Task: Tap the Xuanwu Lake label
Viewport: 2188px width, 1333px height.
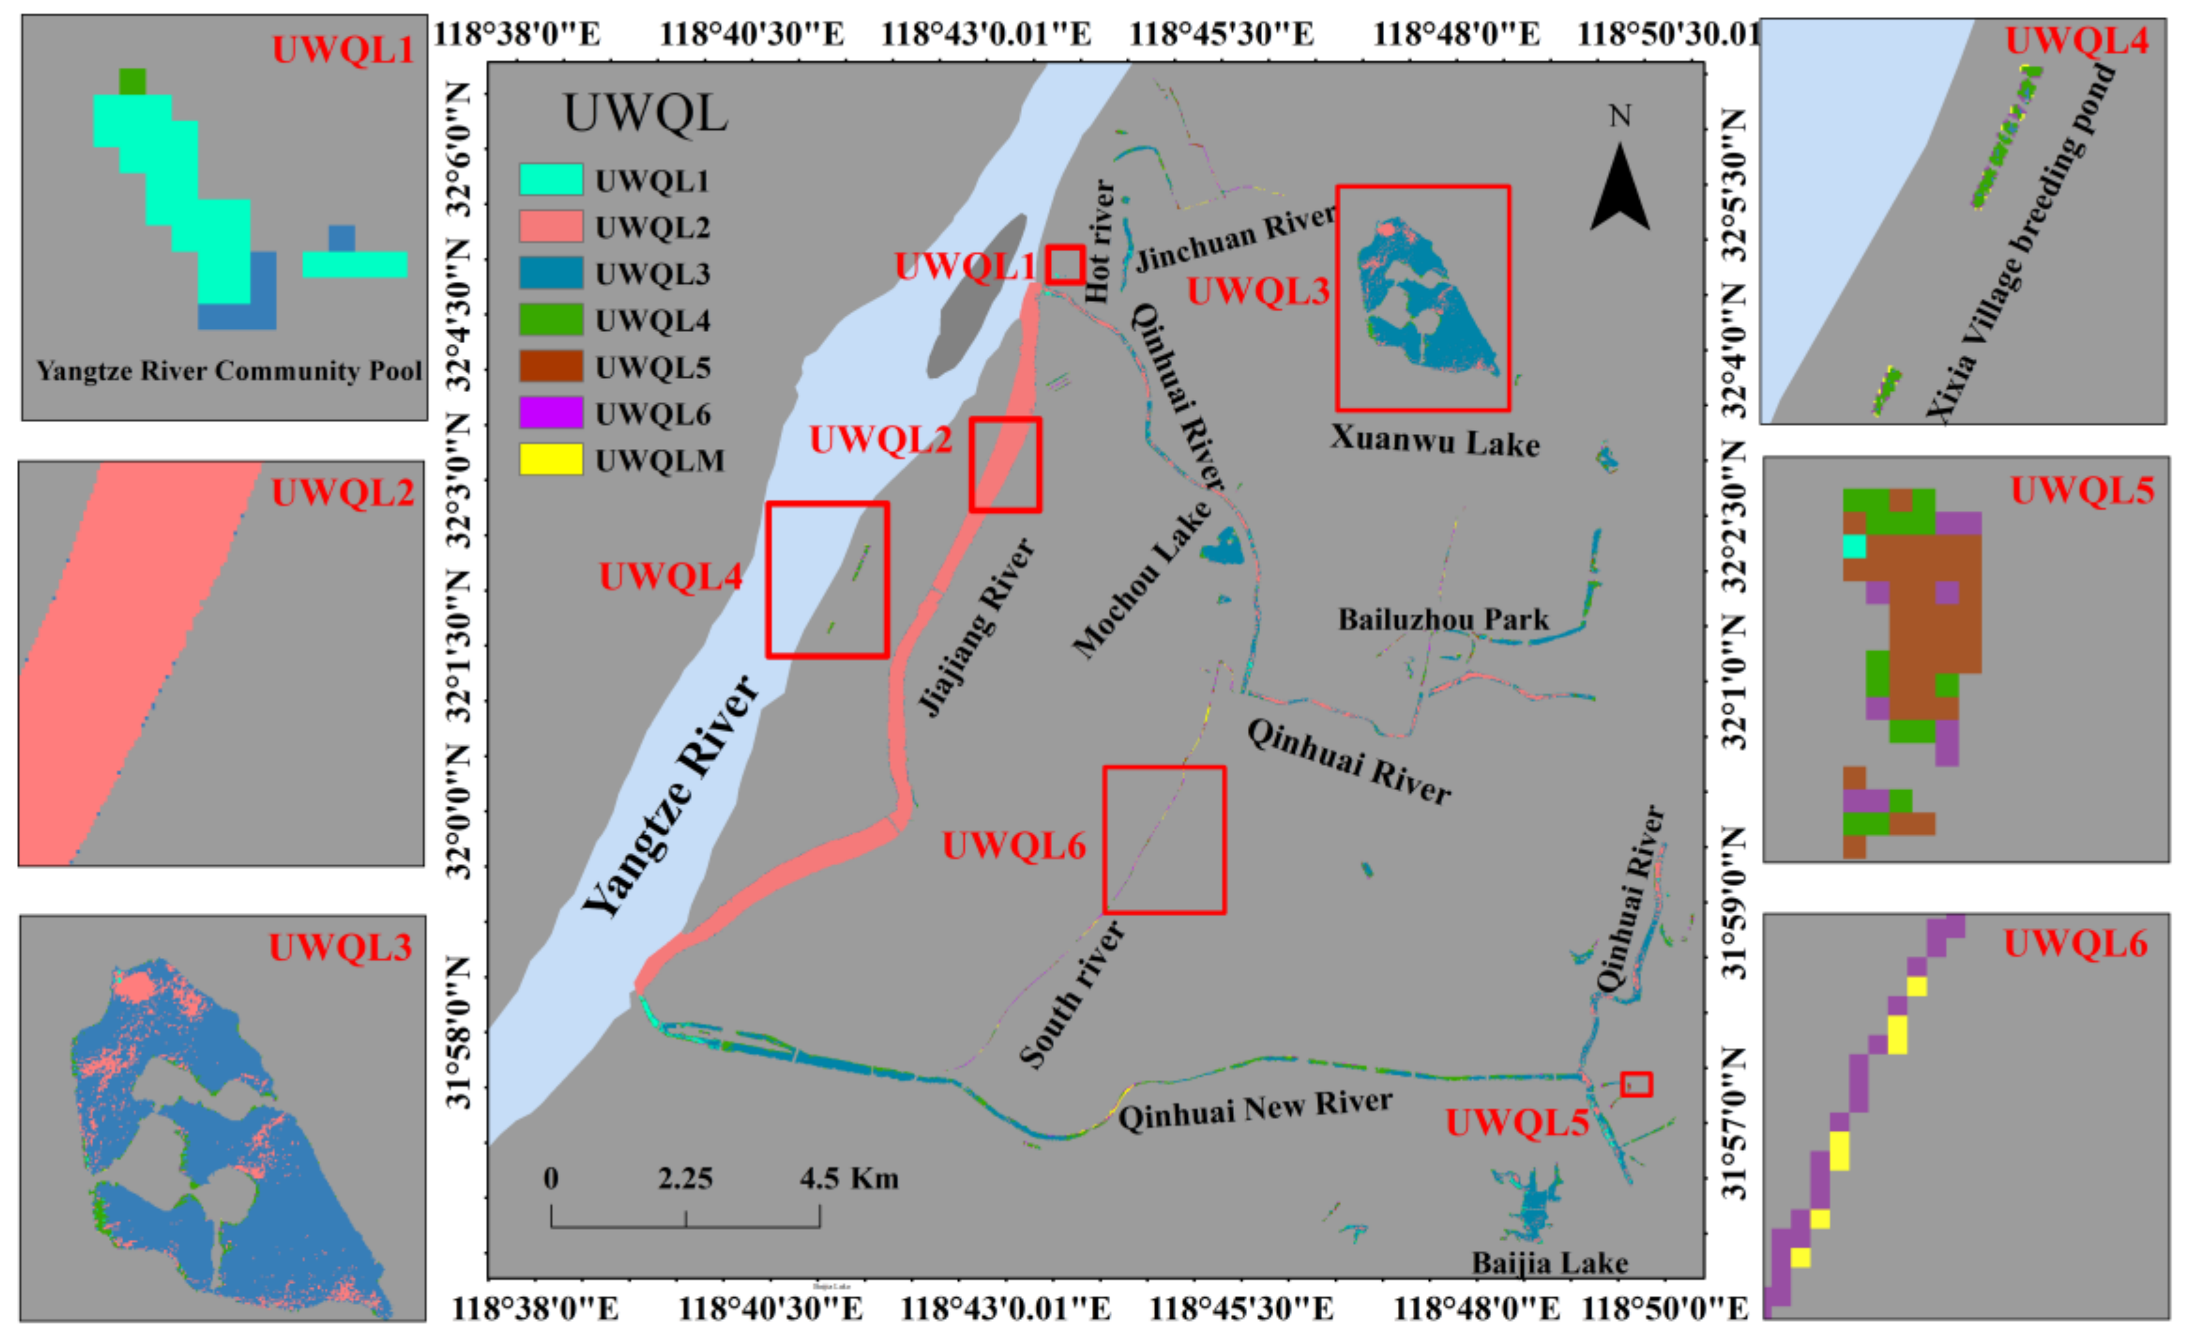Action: pos(1434,441)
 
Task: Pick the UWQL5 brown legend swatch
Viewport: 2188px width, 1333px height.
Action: pos(551,366)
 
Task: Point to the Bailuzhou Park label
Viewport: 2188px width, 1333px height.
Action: pos(1443,619)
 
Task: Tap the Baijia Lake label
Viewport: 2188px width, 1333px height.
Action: pos(1550,1262)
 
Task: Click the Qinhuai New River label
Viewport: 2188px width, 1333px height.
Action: pos(1255,1109)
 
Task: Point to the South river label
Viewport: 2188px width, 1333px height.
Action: pos(1071,995)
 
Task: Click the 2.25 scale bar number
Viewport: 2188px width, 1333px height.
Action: pos(685,1179)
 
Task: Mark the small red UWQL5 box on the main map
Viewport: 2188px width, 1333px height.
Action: pos(1635,1084)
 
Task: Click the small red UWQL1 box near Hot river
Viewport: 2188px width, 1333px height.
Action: pos(1065,264)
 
